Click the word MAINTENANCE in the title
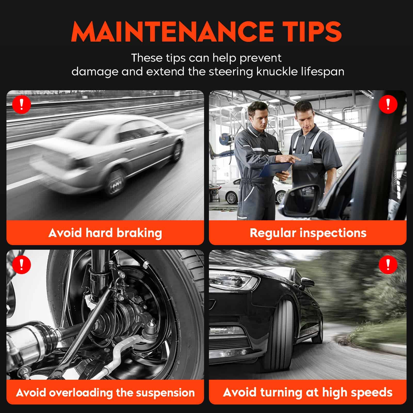(172, 31)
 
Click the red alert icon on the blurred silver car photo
(22, 104)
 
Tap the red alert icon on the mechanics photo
(388, 104)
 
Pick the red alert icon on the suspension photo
(22, 264)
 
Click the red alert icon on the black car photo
(388, 264)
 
